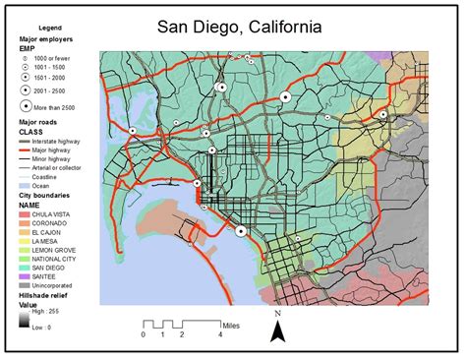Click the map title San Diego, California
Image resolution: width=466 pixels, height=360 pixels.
267,31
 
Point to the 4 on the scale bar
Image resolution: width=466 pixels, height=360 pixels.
220,334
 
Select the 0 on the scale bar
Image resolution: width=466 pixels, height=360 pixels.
144,334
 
